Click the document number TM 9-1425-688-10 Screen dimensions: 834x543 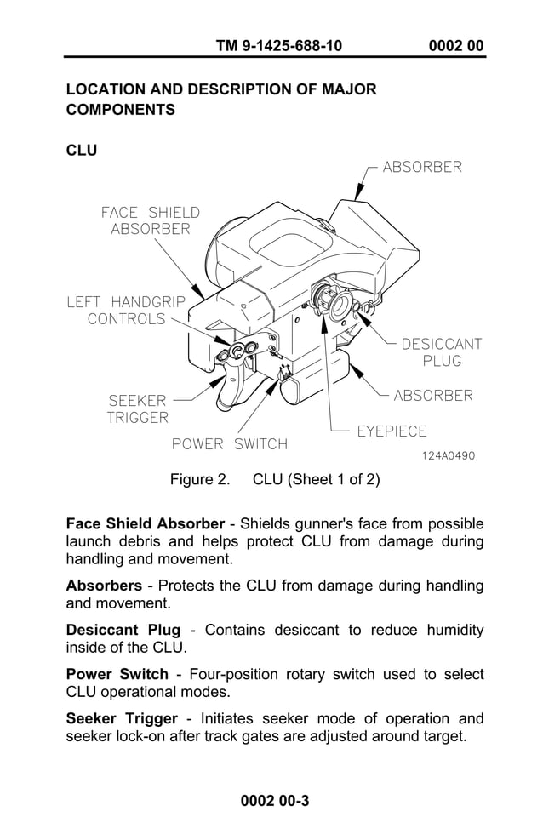click(279, 45)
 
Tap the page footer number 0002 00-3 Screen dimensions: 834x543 click(274, 801)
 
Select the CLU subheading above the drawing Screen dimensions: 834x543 click(82, 151)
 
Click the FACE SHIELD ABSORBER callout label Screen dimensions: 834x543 click(151, 220)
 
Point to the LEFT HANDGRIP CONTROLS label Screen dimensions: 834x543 click(126, 310)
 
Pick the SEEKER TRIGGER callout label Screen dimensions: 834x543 click(138, 408)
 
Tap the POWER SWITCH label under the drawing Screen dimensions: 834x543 click(230, 443)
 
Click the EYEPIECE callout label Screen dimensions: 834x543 click(392, 431)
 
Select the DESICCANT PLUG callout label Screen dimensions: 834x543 click(442, 352)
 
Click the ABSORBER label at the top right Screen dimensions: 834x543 click(422, 167)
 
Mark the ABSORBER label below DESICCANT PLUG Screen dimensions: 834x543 click(433, 396)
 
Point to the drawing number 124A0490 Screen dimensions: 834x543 click(449, 456)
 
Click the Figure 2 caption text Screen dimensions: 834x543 click(275, 479)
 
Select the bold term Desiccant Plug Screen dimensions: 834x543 click(123, 630)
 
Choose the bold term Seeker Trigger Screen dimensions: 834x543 click(122, 718)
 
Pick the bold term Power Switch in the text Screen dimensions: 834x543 click(117, 674)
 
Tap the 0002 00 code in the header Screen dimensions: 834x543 click(457, 45)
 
